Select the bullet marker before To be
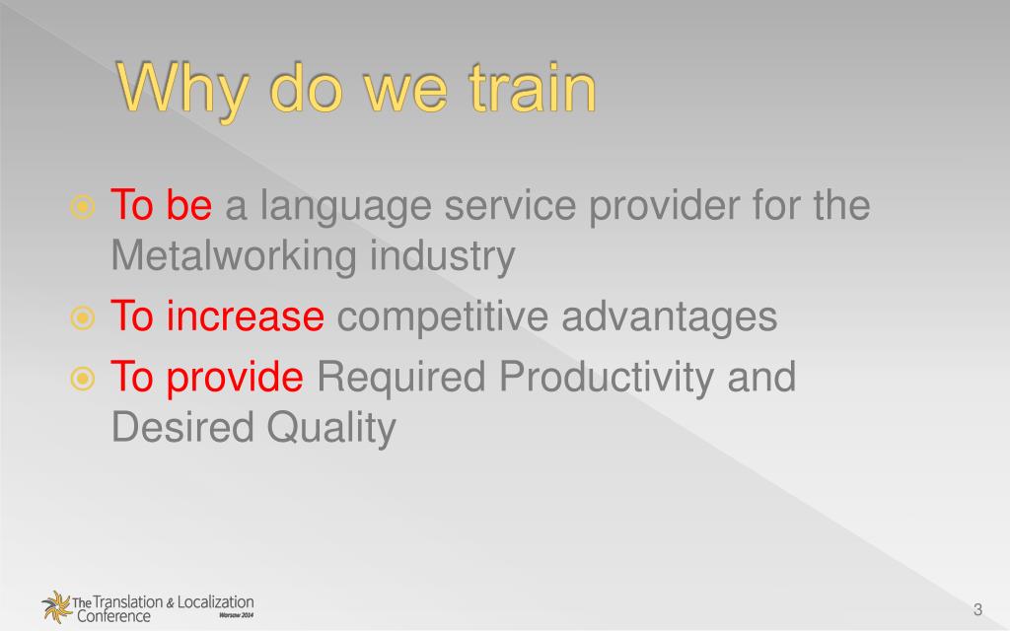click(x=83, y=207)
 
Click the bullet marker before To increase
click(x=83, y=317)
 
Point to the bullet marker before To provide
click(x=83, y=378)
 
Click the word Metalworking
click(x=234, y=255)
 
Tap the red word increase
click(x=245, y=316)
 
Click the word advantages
click(x=670, y=317)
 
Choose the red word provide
click(x=235, y=378)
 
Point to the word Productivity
click(x=607, y=378)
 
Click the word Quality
click(x=331, y=428)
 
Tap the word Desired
click(x=182, y=427)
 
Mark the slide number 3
click(x=977, y=609)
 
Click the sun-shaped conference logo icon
click(x=56, y=606)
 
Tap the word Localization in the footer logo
click(x=215, y=602)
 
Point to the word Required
click(x=400, y=378)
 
